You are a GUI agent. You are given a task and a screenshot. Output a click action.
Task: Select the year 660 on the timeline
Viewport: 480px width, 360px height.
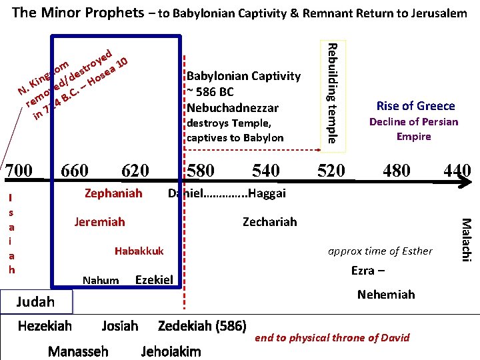coord(74,171)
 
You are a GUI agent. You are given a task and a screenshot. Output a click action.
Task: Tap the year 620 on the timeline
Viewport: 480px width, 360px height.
coord(135,171)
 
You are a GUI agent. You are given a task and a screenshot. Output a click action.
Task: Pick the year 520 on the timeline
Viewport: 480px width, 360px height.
coord(331,171)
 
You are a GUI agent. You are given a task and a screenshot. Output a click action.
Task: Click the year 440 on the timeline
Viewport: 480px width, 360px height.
coord(457,171)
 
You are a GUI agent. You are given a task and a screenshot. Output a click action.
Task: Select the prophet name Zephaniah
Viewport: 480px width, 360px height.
coord(113,193)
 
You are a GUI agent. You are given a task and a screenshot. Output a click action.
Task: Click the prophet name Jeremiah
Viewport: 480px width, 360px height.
coord(99,221)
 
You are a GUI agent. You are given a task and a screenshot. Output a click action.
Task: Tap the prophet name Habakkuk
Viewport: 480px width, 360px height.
coord(139,251)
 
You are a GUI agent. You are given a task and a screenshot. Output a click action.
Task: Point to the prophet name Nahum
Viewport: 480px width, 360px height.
coord(101,280)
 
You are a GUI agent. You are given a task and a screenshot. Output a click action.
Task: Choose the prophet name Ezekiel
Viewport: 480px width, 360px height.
coord(154,279)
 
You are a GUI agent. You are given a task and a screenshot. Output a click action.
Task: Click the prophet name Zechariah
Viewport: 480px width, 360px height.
coord(270,221)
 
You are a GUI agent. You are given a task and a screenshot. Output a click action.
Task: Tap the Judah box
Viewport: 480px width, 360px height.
coord(35,301)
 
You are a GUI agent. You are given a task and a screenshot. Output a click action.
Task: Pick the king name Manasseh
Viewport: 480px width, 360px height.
coord(78,351)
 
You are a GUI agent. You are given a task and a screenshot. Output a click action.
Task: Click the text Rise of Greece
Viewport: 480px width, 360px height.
coord(415,105)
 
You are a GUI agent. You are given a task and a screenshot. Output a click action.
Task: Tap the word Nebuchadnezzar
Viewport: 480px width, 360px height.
coord(233,107)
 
